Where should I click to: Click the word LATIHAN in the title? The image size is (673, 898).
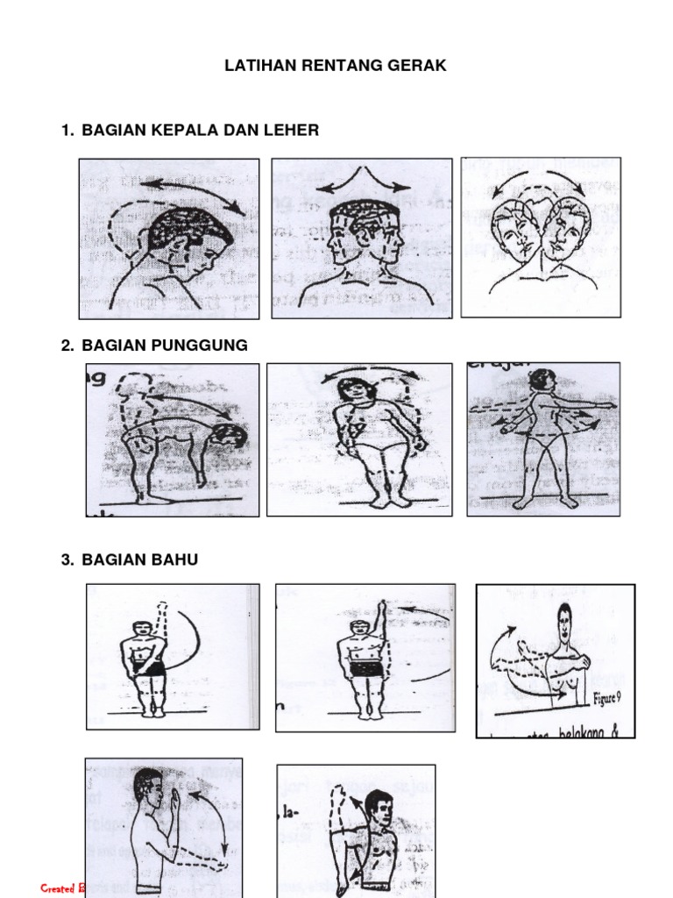pyautogui.click(x=255, y=66)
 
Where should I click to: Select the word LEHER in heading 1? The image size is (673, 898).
pyautogui.click(x=293, y=131)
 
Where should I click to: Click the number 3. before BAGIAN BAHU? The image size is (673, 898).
pyautogui.click(x=67, y=560)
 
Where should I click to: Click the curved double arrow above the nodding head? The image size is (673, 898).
pyautogui.click(x=193, y=191)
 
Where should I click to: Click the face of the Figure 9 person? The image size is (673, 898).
pyautogui.click(x=564, y=624)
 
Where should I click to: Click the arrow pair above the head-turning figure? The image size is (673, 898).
pyautogui.click(x=363, y=182)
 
